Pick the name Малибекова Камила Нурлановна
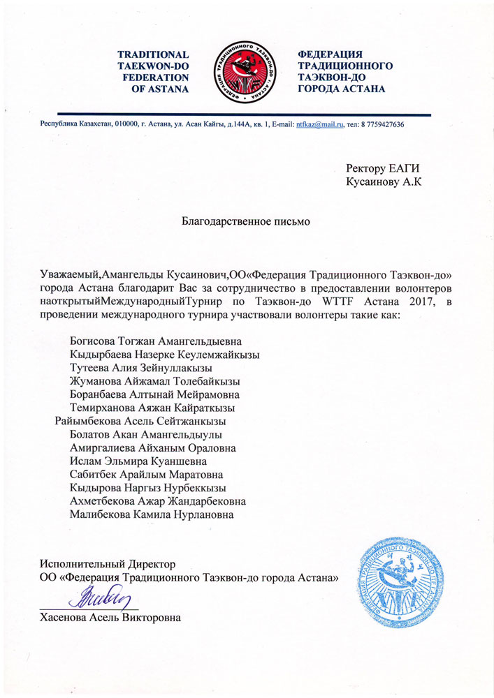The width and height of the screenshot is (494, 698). coord(152,514)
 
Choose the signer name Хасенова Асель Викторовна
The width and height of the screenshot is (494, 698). coord(111,617)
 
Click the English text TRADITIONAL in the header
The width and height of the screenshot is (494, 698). coord(152,54)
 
